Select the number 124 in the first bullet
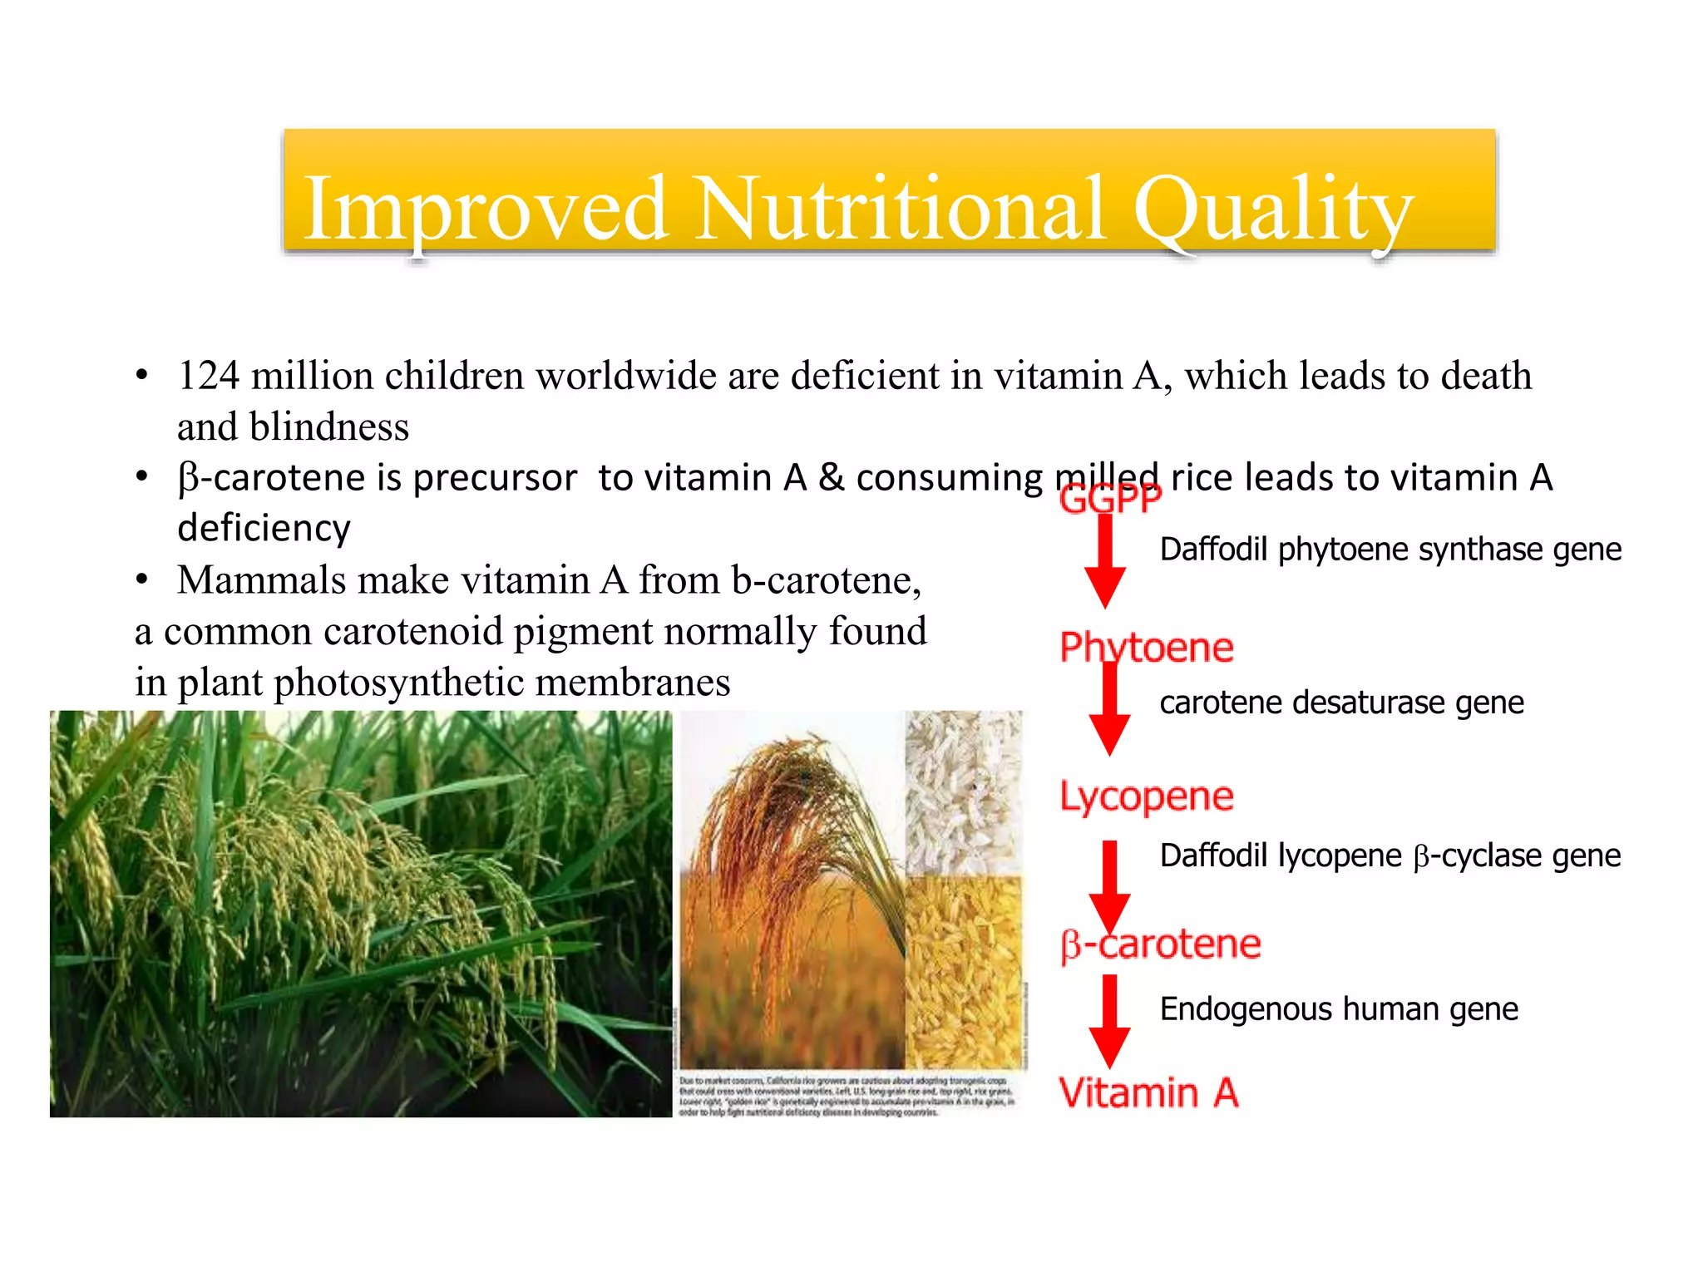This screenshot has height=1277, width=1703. click(x=209, y=376)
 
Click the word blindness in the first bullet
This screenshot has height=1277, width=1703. click(x=328, y=427)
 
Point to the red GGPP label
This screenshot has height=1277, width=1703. click(x=1110, y=499)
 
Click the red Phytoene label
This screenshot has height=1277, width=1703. click(x=1146, y=647)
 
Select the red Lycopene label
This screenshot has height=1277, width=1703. click(x=1146, y=796)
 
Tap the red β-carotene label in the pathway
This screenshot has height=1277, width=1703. click(x=1161, y=944)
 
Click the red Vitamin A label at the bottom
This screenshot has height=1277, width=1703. click(x=1148, y=1092)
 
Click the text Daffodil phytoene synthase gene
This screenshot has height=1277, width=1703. click(x=1390, y=550)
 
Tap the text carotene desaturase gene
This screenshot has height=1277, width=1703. click(x=1341, y=703)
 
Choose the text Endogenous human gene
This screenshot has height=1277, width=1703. click(x=1339, y=1009)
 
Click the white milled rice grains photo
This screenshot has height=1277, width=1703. click(x=963, y=790)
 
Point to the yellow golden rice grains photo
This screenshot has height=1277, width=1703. click(x=963, y=973)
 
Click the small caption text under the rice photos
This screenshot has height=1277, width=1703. click(x=847, y=1096)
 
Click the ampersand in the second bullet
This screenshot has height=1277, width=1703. click(x=831, y=478)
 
